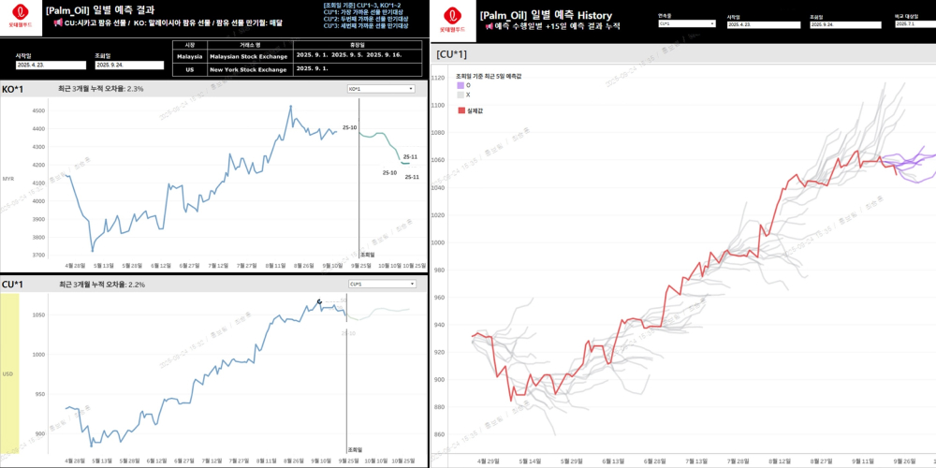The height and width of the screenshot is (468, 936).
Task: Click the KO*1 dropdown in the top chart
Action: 380,89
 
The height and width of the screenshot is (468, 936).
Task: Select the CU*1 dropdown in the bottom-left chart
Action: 382,284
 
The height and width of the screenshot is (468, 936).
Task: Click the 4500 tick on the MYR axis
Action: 38,110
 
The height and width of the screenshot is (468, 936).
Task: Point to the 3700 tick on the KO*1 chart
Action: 38,255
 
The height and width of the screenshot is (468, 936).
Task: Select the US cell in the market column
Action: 190,68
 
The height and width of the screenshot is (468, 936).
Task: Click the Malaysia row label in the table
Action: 190,56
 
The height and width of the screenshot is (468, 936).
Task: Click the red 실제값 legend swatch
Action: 461,110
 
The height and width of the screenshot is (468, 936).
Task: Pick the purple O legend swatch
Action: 460,84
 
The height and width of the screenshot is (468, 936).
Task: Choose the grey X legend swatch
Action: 460,95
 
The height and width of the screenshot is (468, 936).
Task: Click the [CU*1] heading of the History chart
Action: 451,54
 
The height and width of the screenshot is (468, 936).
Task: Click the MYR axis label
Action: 8,178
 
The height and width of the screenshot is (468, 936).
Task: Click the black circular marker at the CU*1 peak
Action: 319,301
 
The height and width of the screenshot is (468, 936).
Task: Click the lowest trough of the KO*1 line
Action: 92,250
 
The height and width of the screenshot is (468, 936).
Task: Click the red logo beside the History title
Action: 452,17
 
